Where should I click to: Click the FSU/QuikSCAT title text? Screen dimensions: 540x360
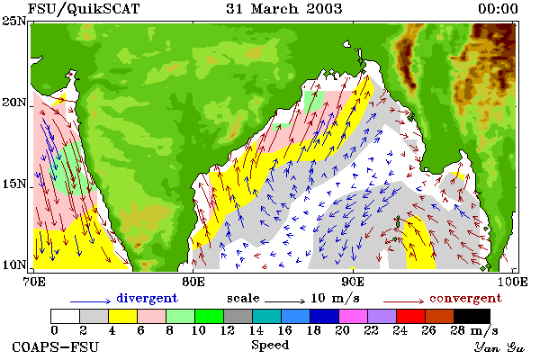pyautogui.click(x=84, y=9)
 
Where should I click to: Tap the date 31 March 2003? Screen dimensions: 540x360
pyautogui.click(x=284, y=9)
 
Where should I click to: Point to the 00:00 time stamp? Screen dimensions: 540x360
pyautogui.click(x=498, y=9)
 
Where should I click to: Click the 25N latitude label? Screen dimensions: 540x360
pyautogui.click(x=14, y=22)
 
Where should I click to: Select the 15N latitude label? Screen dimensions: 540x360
pyautogui.click(x=14, y=184)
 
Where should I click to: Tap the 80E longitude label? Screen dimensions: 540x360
pyautogui.click(x=193, y=282)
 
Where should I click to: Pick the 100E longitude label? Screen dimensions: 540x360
pyautogui.click(x=513, y=282)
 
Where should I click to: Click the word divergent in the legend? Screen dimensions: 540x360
pyautogui.click(x=147, y=298)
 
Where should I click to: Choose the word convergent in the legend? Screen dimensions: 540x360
pyautogui.click(x=465, y=298)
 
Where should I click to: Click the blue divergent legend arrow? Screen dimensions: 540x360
pyautogui.click(x=91, y=301)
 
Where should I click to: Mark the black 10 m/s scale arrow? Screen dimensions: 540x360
pyautogui.click(x=285, y=301)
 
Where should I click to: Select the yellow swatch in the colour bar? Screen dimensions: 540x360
pyautogui.click(x=123, y=316)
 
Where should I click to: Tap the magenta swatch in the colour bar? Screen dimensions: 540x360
pyautogui.click(x=353, y=316)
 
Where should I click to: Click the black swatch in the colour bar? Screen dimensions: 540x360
pyautogui.click(x=472, y=316)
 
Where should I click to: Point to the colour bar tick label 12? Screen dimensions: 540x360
pyautogui.click(x=228, y=330)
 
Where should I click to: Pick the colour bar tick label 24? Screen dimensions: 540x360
pyautogui.click(x=400, y=330)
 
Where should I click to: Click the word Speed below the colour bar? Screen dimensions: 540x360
pyautogui.click(x=270, y=346)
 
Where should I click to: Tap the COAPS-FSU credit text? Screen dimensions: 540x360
pyautogui.click(x=55, y=346)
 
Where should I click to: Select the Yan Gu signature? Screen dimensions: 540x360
pyautogui.click(x=499, y=347)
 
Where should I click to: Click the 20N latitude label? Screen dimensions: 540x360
pyautogui.click(x=14, y=103)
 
